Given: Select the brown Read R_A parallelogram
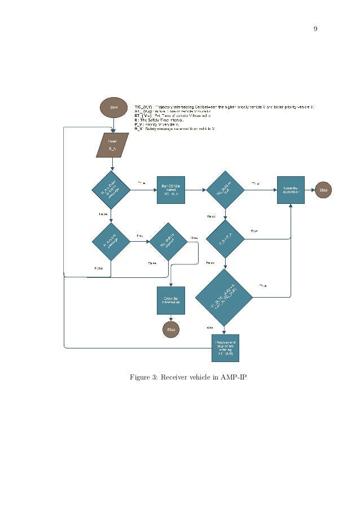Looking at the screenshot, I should pos(113,145).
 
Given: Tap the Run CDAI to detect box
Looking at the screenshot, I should pos(170,190).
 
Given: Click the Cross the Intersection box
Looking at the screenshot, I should pos(170,300).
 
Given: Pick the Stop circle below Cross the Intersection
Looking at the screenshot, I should pos(170,329).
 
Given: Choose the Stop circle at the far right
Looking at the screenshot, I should pos(323,190).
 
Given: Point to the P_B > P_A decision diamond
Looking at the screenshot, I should pos(225,240).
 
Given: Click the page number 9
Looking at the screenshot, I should pos(315,28).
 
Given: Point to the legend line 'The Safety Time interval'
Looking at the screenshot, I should pos(160,120).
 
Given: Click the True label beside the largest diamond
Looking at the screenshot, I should pos(262,286).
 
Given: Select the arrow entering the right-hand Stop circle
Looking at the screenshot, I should pos(309,190).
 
